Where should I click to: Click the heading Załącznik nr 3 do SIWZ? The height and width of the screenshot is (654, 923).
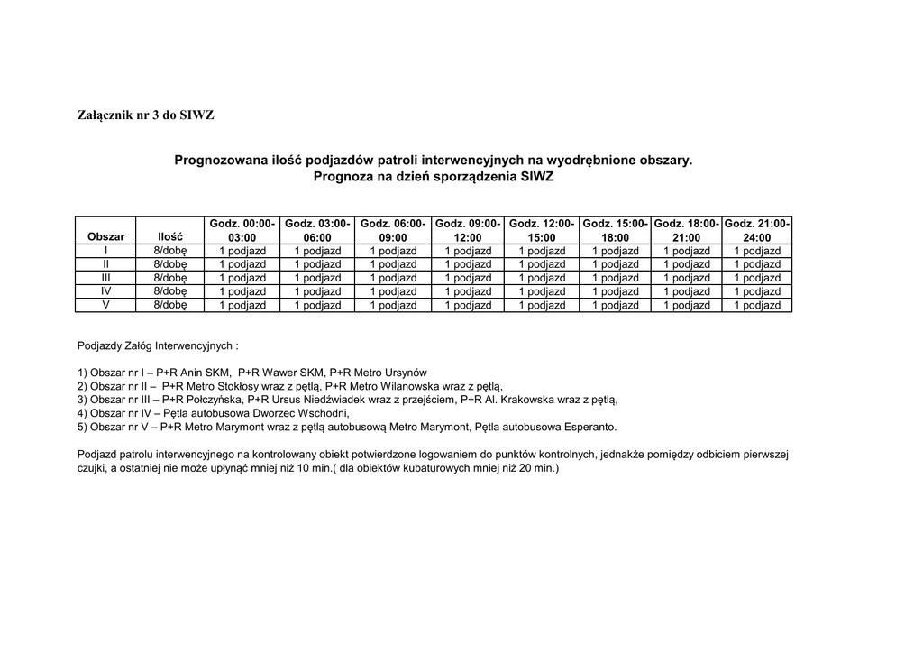146,115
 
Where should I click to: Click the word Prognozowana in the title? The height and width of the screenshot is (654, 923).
221,161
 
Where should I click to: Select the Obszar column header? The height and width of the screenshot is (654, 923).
105,236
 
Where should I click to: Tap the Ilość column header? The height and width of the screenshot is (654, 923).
169,236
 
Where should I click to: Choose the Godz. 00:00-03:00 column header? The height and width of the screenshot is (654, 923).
242,230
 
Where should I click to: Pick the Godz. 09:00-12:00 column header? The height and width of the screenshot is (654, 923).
467,230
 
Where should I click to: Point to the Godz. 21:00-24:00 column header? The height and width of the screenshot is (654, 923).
757,230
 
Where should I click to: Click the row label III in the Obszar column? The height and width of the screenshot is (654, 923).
105,278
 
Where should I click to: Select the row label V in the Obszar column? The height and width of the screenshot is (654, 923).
105,305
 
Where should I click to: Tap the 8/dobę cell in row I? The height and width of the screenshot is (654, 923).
169,251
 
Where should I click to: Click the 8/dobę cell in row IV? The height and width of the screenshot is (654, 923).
169,291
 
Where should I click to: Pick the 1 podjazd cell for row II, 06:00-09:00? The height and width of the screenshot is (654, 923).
392,264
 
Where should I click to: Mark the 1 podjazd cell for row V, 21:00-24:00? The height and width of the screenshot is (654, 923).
757,305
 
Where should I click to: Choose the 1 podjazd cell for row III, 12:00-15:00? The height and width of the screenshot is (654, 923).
542,278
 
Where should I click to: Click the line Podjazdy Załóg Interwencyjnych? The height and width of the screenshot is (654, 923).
159,345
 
